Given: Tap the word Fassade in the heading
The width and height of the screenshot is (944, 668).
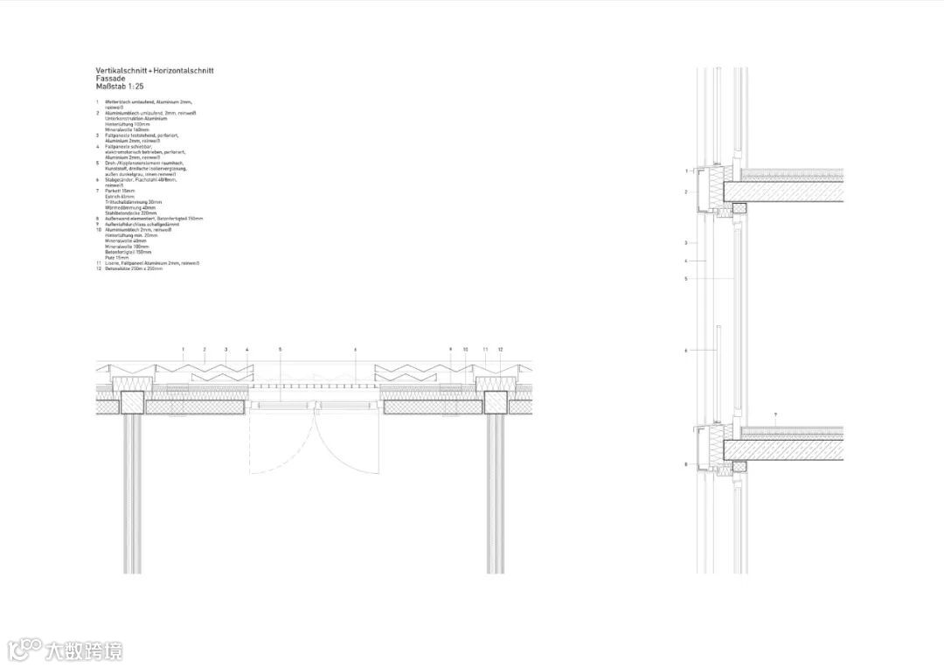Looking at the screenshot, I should coord(110,79).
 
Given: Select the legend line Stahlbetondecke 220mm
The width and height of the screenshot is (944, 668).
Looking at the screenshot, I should coord(130,213).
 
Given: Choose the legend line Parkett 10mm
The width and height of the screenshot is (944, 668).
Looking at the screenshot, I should coord(119,190).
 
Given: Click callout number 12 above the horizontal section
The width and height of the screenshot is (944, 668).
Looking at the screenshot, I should coord(501,350).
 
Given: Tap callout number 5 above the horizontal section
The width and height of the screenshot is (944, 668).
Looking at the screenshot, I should coord(281,350).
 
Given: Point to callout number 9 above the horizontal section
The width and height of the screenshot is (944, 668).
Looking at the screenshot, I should coord(450,350).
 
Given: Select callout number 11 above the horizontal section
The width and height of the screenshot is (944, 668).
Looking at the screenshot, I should coord(485,350).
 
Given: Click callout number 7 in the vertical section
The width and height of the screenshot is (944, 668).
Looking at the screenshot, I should coord(775,412).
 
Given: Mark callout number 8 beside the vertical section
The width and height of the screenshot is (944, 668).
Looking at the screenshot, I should coord(686,464).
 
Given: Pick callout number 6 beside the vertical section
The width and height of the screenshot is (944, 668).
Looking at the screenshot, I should coord(686,351).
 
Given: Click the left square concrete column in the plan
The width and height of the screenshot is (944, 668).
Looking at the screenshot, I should coord(133,403).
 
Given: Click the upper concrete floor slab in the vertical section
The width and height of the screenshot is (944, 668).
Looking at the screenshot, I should coord(787,192).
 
